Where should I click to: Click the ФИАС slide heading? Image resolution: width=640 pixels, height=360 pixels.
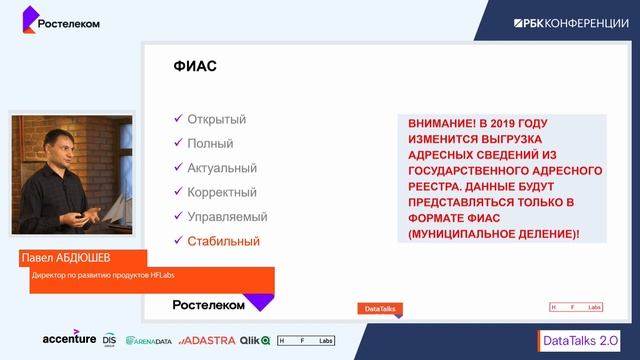[195, 68]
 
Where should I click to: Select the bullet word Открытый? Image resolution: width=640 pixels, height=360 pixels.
[216, 120]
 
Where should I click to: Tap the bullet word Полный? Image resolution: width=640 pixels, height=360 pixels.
[210, 144]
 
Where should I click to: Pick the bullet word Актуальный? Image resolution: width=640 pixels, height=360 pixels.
[222, 168]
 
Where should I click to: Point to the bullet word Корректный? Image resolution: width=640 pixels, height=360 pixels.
[222, 192]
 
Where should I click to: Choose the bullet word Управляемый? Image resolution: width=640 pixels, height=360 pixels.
[227, 216]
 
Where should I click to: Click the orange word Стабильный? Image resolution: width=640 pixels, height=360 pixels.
[223, 241]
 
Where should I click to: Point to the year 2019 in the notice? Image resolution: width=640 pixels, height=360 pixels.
[519, 125]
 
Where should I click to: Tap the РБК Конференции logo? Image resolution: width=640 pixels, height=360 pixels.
[571, 22]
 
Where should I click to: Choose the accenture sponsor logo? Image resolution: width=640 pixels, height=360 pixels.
[69, 339]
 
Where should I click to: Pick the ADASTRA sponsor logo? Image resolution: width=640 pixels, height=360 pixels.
[208, 340]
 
